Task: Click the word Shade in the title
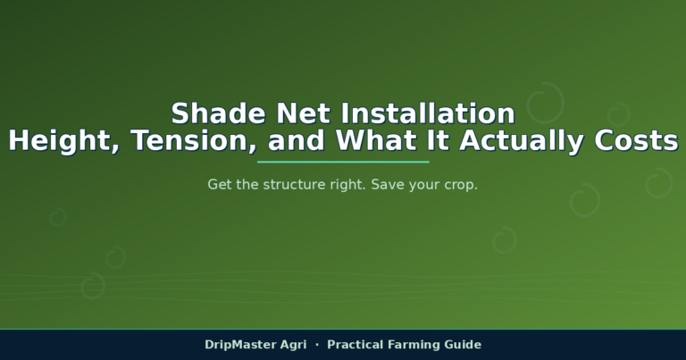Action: [x=218, y=113]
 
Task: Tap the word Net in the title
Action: [x=303, y=113]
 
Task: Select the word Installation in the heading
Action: [x=428, y=113]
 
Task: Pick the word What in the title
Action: [x=375, y=140]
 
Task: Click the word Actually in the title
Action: [x=521, y=142]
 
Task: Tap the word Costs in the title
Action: [x=636, y=141]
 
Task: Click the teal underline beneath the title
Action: [x=343, y=162]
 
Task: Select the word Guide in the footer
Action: [x=463, y=345]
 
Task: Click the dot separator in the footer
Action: [x=317, y=345]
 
